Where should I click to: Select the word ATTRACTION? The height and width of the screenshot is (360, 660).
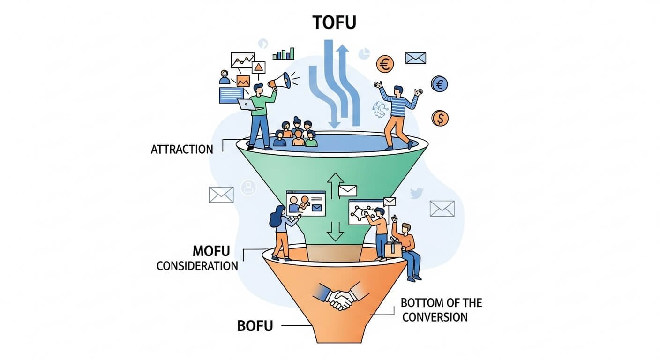point(182,150)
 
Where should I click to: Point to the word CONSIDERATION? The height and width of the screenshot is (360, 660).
point(197,266)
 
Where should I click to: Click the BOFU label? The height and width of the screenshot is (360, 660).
point(255,325)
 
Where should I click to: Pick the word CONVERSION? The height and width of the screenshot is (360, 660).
point(435,317)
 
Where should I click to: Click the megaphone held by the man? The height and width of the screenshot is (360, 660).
point(280,82)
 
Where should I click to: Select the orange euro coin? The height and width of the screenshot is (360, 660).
point(385,65)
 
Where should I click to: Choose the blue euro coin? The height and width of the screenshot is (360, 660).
point(439,84)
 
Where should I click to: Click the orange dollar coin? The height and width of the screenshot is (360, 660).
point(440,118)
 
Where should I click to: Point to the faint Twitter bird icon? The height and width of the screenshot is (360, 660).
point(417,193)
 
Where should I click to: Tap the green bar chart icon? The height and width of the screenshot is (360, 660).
point(284,53)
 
